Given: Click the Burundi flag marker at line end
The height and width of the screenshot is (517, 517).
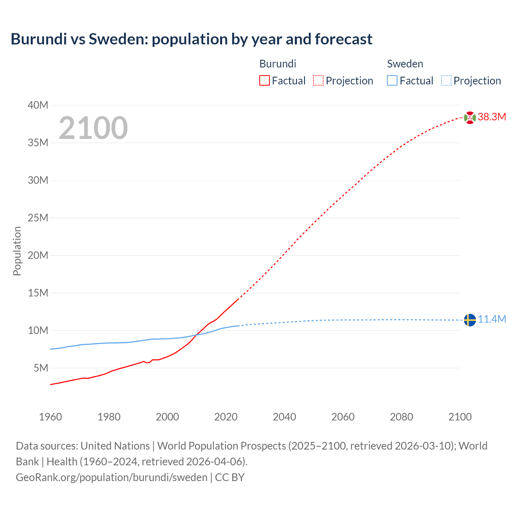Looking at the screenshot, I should tap(470, 118).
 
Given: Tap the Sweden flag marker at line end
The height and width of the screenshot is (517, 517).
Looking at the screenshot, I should tap(470, 320).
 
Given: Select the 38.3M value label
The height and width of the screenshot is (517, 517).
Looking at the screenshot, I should tap(492, 117).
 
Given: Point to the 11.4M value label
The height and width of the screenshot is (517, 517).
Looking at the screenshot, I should tap(492, 319).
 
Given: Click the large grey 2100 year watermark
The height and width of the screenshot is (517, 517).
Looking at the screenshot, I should tap(93, 128).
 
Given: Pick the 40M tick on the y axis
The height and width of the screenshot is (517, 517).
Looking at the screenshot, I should tap(38, 105).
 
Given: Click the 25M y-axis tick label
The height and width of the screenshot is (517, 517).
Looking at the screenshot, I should tap(38, 218).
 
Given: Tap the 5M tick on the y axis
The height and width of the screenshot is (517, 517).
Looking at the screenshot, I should tap(41, 368).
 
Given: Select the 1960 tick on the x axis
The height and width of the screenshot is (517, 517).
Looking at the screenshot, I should tap(50, 417).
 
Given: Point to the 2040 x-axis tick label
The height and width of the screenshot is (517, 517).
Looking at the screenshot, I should tap(284, 417).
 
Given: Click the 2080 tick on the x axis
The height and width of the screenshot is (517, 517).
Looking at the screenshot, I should tap(401, 417).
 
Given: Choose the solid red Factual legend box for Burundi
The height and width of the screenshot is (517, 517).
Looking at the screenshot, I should tap(265, 81).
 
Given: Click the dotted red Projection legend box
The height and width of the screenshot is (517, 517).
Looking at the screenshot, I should tap(318, 81).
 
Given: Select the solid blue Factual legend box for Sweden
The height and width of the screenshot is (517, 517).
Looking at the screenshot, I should tap(392, 81).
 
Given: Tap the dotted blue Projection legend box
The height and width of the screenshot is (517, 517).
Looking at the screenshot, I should tap(446, 81).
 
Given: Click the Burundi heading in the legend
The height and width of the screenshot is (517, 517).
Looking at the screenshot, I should tap(277, 64).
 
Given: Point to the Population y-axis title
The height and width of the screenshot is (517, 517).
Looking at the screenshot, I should tap(17, 251).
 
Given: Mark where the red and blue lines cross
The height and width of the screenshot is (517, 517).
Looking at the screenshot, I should tap(197, 334).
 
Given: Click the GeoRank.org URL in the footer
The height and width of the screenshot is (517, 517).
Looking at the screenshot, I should tap(111, 477).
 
